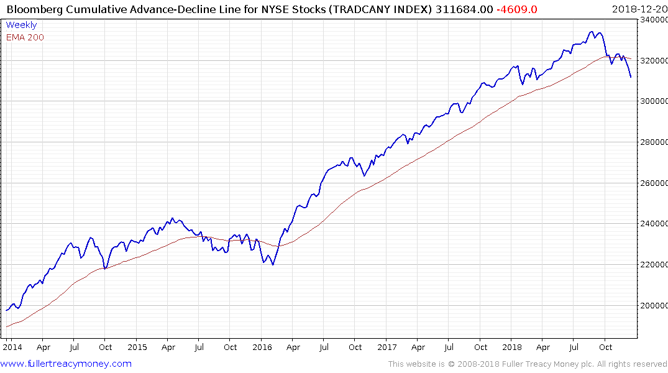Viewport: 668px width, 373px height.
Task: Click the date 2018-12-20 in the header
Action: click(x=638, y=9)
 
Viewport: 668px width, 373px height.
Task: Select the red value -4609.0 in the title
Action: click(x=518, y=9)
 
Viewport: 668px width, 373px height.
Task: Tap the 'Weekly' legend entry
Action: click(x=21, y=25)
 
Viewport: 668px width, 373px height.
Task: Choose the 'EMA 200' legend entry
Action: click(x=25, y=37)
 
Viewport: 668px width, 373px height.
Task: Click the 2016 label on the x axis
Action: click(x=261, y=347)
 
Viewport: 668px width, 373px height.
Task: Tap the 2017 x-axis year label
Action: click(x=387, y=347)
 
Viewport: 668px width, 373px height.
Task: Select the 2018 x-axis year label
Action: click(x=512, y=347)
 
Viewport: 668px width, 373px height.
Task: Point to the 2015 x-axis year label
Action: click(x=137, y=347)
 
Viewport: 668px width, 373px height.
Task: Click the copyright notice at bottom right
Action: click(x=528, y=364)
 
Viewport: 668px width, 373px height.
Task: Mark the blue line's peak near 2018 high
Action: click(x=592, y=32)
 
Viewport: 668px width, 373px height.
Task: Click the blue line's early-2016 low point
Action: click(x=272, y=265)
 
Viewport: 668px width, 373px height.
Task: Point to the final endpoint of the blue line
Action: click(x=631, y=77)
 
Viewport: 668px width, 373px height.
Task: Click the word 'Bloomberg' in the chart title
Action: click(x=30, y=9)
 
